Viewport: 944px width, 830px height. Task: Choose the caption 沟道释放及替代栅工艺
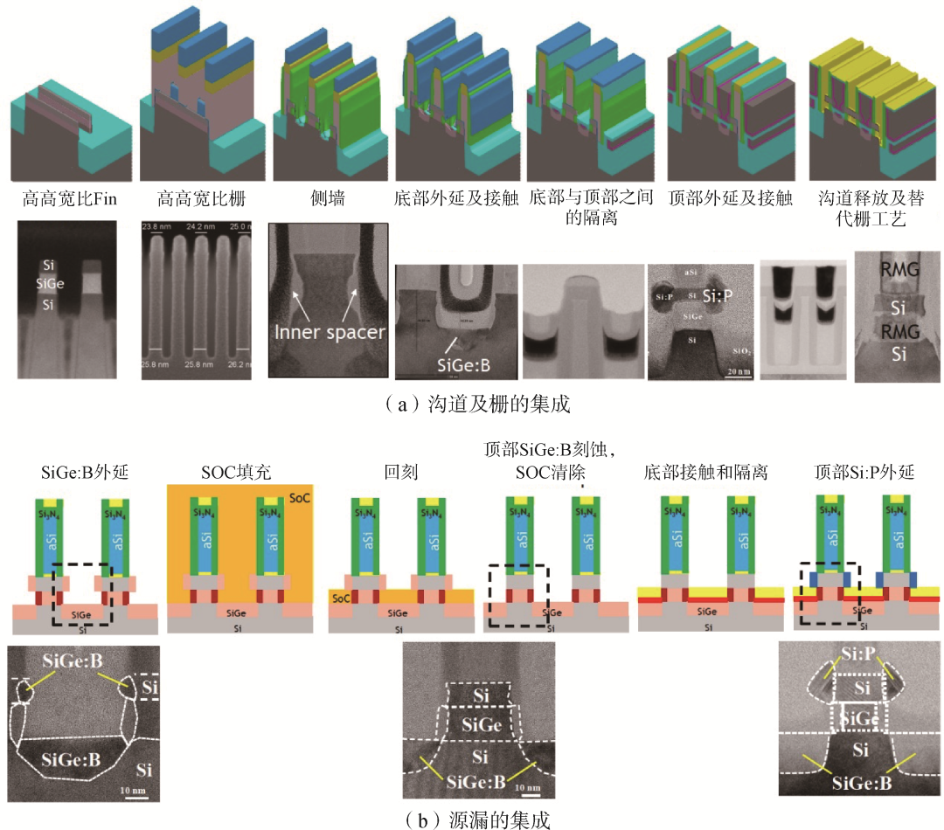[x=864, y=208]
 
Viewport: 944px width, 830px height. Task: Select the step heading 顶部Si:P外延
[x=864, y=473]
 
